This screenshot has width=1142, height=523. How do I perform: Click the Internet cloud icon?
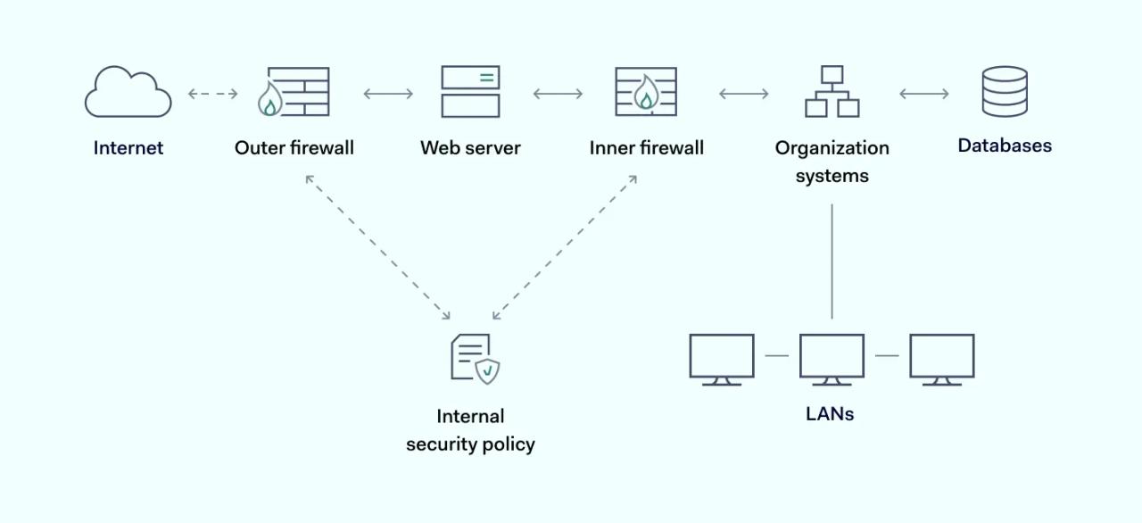(128, 92)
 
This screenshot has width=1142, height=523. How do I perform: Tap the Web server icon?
(470, 92)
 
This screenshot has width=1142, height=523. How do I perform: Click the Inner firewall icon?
(646, 92)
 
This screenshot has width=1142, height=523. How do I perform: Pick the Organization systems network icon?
(832, 92)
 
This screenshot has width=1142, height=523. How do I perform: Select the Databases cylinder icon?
(1005, 92)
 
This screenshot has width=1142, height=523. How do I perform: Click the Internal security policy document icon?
(474, 359)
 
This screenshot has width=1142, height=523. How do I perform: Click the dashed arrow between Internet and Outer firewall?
(213, 94)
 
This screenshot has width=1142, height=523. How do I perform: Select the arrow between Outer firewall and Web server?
(388, 94)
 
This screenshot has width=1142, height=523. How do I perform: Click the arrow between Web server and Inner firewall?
(558, 94)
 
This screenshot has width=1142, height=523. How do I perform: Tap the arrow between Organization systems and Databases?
(923, 94)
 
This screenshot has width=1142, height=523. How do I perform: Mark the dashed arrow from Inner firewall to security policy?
(565, 247)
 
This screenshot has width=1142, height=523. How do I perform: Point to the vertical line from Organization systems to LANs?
(832, 261)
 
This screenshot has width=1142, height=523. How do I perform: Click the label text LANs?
(830, 414)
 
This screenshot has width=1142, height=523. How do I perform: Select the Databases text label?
(1005, 145)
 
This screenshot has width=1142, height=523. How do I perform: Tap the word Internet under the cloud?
(128, 148)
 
